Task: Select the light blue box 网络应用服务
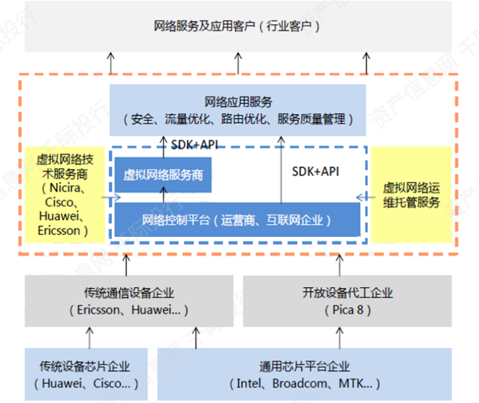237,110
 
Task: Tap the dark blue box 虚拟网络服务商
163,175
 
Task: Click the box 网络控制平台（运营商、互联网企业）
237,219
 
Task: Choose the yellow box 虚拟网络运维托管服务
411,194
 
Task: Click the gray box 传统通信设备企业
129,301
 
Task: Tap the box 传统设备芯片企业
86,374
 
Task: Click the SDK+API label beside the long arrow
315,172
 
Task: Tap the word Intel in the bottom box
249,383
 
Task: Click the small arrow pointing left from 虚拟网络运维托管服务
361,196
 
